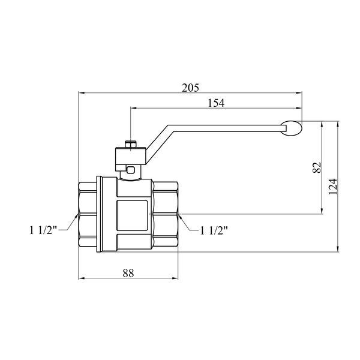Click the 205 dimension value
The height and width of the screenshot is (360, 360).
tap(190, 88)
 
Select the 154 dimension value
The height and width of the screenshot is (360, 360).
tap(216, 103)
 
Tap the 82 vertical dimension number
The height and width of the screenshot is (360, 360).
tap(317, 167)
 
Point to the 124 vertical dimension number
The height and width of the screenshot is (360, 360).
tap(332, 186)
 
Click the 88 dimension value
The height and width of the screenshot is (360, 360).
tap(128, 273)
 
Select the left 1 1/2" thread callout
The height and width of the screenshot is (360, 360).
tap(43, 230)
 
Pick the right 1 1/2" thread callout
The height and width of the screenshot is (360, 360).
tap(214, 230)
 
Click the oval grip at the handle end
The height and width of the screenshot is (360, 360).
tap(292, 128)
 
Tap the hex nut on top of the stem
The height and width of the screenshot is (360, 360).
tap(130, 145)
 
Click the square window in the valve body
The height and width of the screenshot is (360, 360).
tap(132, 215)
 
